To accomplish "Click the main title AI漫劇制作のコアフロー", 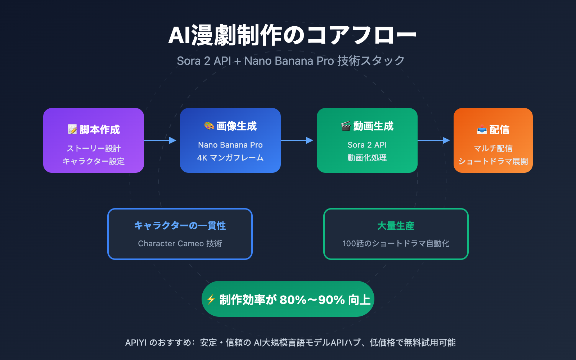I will (x=292, y=35).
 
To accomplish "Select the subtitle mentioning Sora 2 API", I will (x=291, y=61).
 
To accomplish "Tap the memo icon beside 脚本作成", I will (x=72, y=130).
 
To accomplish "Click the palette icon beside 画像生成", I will (x=209, y=126).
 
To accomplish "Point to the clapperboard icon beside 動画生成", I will (x=346, y=126).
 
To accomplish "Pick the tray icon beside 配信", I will (x=482, y=130).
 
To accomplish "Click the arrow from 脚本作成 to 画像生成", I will (x=160, y=140).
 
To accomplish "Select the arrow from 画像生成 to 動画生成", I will (x=297, y=140).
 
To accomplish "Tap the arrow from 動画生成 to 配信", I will (x=434, y=140).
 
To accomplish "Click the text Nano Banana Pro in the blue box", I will (x=230, y=145).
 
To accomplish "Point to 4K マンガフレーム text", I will (x=230, y=158).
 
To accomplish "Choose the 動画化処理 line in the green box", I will (x=367, y=158).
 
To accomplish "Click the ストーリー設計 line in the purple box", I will (x=94, y=148).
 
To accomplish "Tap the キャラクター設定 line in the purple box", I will (x=94, y=161).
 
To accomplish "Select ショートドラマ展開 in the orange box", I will (x=493, y=161).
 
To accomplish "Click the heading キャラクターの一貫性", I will (x=180, y=226).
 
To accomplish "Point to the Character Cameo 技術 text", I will (x=180, y=243).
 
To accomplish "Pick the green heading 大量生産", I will (x=396, y=226).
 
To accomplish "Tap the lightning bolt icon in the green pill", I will (x=211, y=300).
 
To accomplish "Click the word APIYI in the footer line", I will (x=136, y=343).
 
